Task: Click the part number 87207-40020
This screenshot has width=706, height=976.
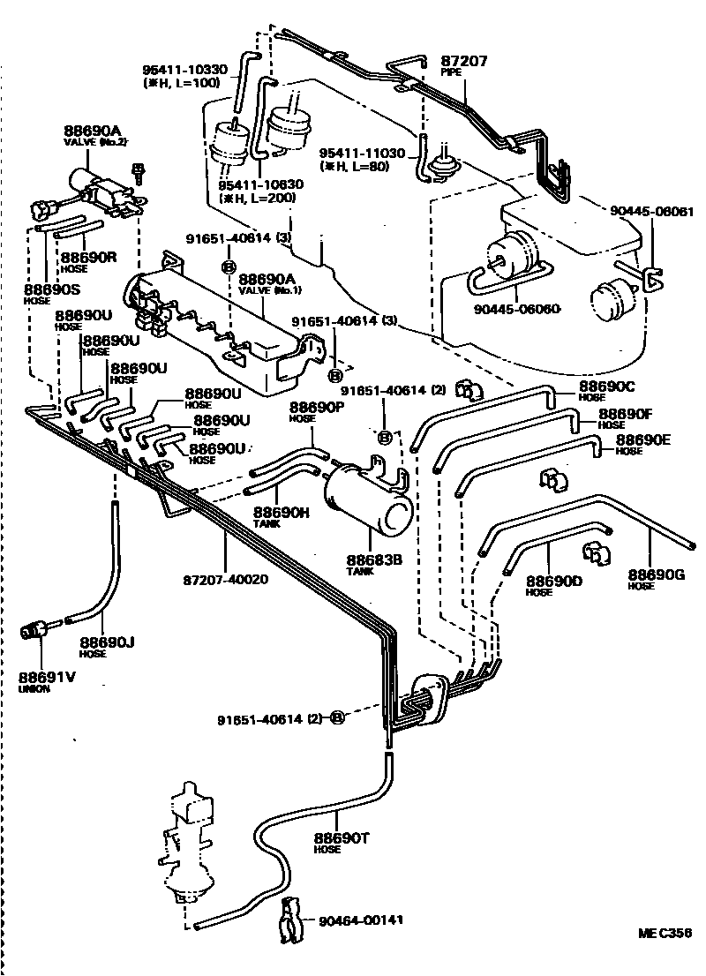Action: tap(224, 580)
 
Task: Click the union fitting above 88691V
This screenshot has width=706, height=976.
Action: tap(35, 630)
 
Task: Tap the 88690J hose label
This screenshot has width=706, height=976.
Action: tap(106, 643)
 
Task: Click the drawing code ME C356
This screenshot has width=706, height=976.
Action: tap(665, 932)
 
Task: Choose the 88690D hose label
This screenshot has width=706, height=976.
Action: tap(553, 581)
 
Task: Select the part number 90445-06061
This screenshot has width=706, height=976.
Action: tap(652, 212)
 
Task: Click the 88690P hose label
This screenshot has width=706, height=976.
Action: tap(318, 408)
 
